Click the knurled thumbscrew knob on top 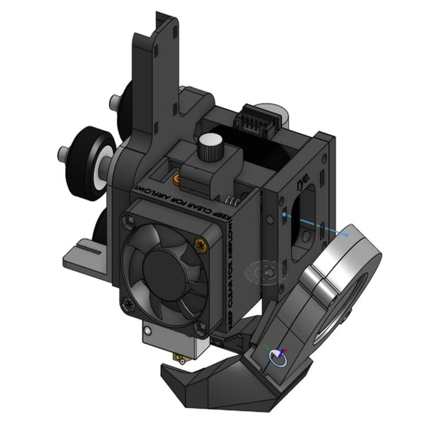tap(207, 146)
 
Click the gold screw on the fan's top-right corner tap(199, 245)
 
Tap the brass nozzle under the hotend tap(181, 360)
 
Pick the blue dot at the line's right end tap(347, 235)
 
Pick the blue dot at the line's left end tap(283, 213)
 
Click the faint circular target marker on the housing tap(267, 271)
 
